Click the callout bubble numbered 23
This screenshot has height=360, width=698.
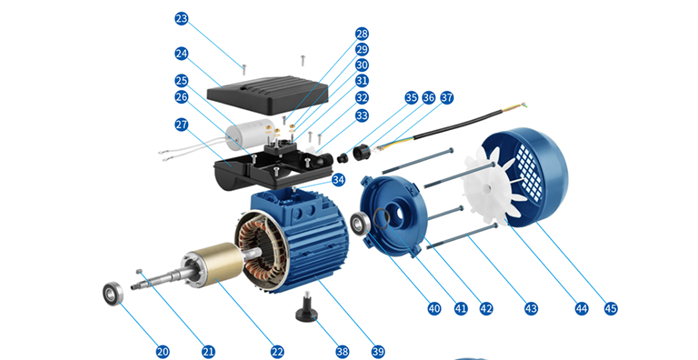[x=181, y=19]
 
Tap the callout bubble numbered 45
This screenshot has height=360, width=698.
[x=611, y=308]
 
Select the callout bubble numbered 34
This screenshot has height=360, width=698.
[x=338, y=180]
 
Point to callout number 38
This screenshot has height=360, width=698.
[x=342, y=352]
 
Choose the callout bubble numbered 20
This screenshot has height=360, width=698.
[x=162, y=352]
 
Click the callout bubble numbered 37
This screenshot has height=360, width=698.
[x=447, y=98]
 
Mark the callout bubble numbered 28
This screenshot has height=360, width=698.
[x=362, y=34]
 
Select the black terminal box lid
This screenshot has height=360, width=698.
[x=268, y=95]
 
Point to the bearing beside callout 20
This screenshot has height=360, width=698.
[x=113, y=294]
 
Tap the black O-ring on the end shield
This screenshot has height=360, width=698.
[x=381, y=218]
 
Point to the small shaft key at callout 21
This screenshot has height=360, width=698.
[x=139, y=270]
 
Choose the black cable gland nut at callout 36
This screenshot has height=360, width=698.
[x=362, y=153]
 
